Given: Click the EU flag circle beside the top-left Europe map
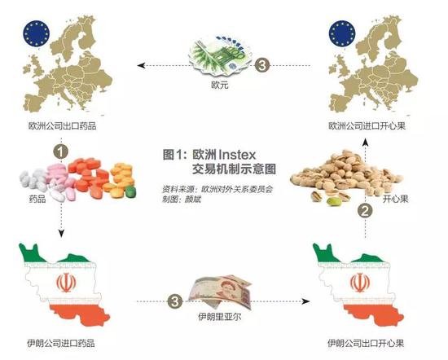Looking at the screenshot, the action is pyautogui.click(x=37, y=34).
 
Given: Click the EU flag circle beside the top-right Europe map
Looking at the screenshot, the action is pyautogui.click(x=342, y=33).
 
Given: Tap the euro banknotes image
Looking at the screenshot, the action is pyautogui.click(x=220, y=56).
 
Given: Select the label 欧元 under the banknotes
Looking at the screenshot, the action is pyautogui.click(x=220, y=85).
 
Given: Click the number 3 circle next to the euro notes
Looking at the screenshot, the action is pyautogui.click(x=262, y=65).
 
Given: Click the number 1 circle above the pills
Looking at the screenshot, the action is pyautogui.click(x=61, y=151).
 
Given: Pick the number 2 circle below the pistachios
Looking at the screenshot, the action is pyautogui.click(x=366, y=211).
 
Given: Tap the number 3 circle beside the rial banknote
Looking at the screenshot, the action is pyautogui.click(x=175, y=301).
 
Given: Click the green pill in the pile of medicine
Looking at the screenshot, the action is pyautogui.click(x=130, y=191).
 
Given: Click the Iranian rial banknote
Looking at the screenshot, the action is pyautogui.click(x=220, y=292).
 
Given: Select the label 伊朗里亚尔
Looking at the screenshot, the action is pyautogui.click(x=220, y=317).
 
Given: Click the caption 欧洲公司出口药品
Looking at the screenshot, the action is pyautogui.click(x=62, y=125).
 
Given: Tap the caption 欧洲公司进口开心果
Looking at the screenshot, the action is pyautogui.click(x=367, y=125).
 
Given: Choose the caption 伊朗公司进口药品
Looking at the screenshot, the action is pyautogui.click(x=61, y=343).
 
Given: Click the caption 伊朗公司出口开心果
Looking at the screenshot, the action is pyautogui.click(x=366, y=343).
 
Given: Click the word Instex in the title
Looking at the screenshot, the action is pyautogui.click(x=237, y=155).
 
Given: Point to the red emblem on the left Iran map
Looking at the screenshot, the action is pyautogui.click(x=66, y=283).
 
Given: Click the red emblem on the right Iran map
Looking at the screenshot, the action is pyautogui.click(x=360, y=283).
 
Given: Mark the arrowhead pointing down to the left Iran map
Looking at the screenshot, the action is pyautogui.click(x=61, y=233).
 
